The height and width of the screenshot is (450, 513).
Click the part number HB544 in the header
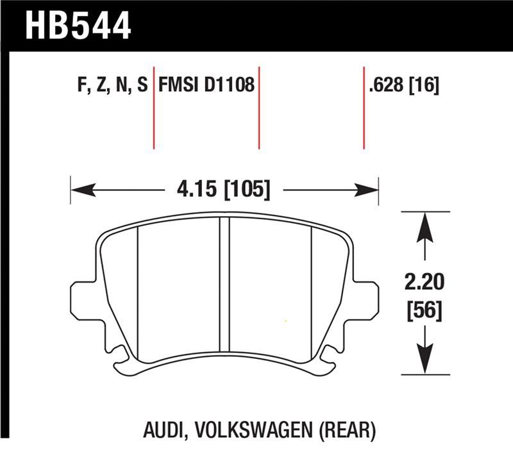78,25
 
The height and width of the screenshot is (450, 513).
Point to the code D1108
230,86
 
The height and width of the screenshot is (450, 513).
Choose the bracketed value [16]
424,86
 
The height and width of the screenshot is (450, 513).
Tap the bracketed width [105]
247,190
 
